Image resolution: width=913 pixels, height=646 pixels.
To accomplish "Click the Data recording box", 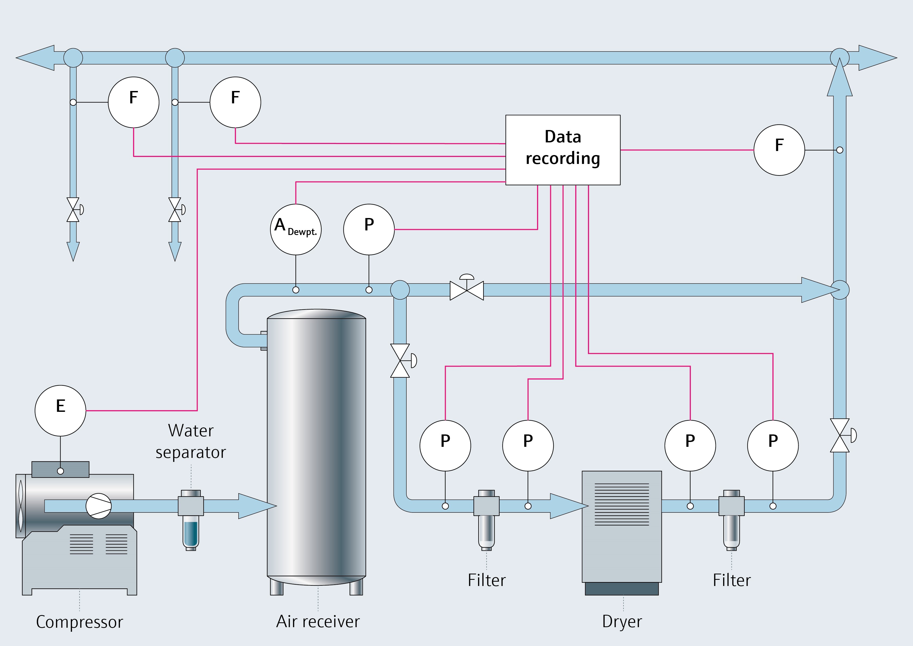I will (563, 150).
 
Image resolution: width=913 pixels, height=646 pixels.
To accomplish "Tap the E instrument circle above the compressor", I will (61, 410).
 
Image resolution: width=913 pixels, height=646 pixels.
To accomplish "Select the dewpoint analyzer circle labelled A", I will (296, 230).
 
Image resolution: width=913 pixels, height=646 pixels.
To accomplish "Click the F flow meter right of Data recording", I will (779, 150).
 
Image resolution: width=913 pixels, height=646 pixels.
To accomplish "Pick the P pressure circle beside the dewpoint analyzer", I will (369, 230).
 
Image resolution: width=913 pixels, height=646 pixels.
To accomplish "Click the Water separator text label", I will (191, 441).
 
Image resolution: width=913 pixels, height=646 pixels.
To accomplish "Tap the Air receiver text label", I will (318, 621).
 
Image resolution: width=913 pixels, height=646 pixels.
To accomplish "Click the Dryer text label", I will (622, 621).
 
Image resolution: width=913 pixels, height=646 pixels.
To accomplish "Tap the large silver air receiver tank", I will (316, 445).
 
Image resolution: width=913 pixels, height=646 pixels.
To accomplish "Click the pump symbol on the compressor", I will (99, 506).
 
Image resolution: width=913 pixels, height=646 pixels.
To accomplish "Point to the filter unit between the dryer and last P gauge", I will (731, 517).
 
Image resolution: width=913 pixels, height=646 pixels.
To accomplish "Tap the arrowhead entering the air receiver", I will (257, 506).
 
